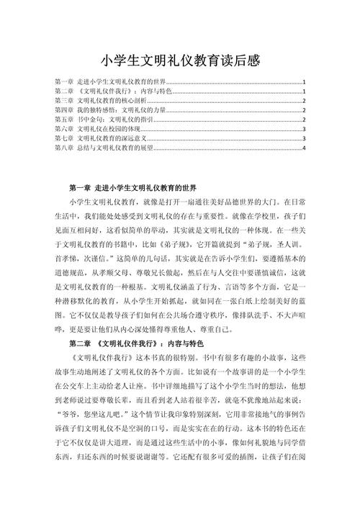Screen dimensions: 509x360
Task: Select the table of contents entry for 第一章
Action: [x=115, y=82]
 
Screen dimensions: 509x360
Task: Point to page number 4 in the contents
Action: [x=305, y=148]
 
